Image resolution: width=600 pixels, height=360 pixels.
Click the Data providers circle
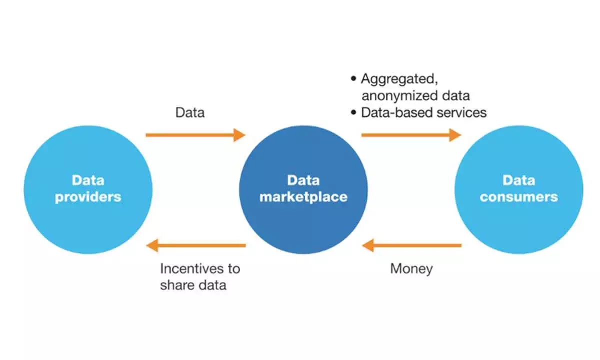pyautogui.click(x=87, y=189)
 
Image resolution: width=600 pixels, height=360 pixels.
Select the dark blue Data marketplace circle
pyautogui.click(x=303, y=189)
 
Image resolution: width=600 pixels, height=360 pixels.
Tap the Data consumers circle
pyautogui.click(x=518, y=189)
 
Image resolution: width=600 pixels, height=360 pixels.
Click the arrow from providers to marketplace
pyautogui.click(x=195, y=134)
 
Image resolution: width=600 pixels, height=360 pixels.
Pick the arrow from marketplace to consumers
pyautogui.click(x=410, y=134)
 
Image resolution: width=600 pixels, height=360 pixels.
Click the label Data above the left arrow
pyautogui.click(x=189, y=112)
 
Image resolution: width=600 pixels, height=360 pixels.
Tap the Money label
pyautogui.click(x=411, y=268)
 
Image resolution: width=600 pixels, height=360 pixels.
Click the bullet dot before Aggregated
pyautogui.click(x=353, y=78)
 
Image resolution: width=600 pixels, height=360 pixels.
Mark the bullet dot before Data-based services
pyautogui.click(x=353, y=112)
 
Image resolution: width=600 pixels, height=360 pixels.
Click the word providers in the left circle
pyautogui.click(x=88, y=197)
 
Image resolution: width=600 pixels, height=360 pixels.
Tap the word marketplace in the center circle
pyautogui.click(x=303, y=197)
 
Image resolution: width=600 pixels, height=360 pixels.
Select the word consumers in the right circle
pyautogui.click(x=518, y=197)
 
